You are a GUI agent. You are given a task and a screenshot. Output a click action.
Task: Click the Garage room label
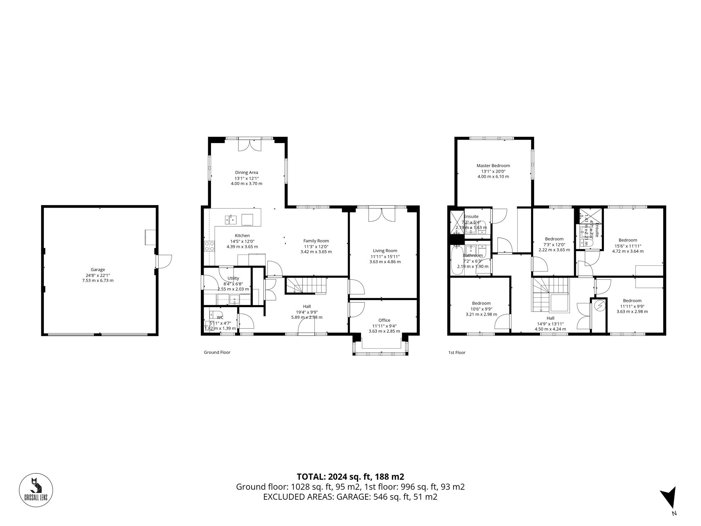coord(98,270)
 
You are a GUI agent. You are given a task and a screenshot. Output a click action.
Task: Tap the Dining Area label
coord(246,173)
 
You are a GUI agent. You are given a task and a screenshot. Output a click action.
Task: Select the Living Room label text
coord(385,251)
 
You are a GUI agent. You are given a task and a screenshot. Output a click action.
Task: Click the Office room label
coord(384,320)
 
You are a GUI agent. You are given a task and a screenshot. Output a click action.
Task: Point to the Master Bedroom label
coord(493,166)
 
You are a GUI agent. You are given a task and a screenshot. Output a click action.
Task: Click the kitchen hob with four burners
coord(210,246)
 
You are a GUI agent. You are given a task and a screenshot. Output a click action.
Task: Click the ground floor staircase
coord(306,285)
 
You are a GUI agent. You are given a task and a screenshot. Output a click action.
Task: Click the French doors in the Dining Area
coord(250,145)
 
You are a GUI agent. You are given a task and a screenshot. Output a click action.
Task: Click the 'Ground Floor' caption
coord(217,352)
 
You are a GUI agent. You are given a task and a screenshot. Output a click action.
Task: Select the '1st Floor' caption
coord(457,352)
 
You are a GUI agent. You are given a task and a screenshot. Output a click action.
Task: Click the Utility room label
coord(233,278)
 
